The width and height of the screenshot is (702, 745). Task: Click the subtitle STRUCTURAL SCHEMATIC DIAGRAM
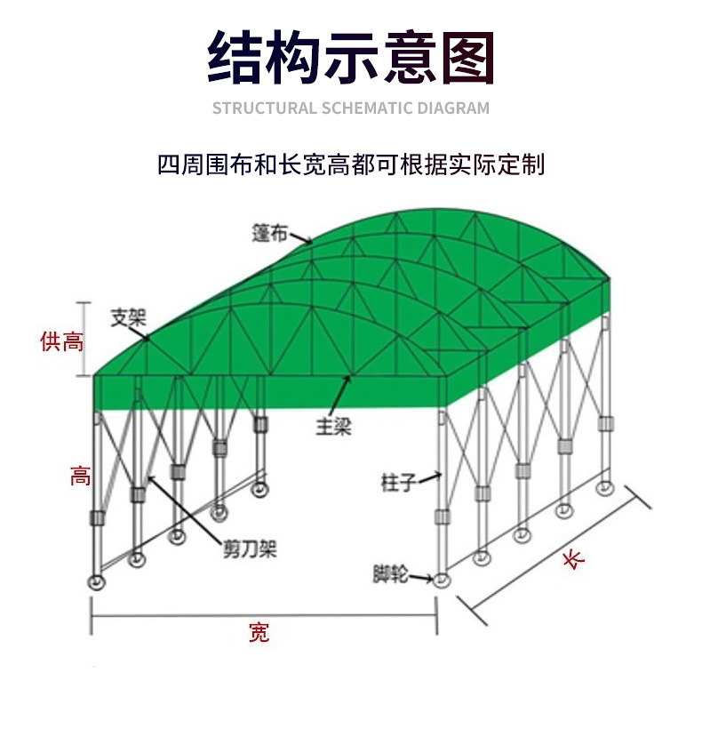pos(350,108)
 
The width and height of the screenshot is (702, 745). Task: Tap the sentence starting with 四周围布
pos(350,164)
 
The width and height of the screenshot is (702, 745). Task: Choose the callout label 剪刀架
pos(249,549)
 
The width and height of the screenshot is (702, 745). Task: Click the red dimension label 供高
pos(61,340)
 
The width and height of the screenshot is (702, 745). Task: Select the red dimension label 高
pos(80,476)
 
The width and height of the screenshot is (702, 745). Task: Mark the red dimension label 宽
pos(259,633)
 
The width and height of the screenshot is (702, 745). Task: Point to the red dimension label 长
pos(574,559)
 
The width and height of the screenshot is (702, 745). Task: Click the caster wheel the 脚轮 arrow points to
pos(442,580)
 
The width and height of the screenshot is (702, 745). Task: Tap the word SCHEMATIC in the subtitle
pos(364,108)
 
